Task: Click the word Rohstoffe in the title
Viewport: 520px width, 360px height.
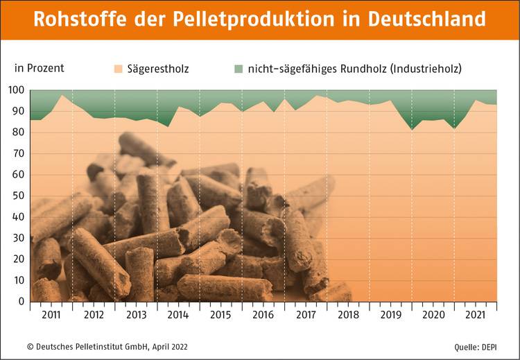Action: pos(78,19)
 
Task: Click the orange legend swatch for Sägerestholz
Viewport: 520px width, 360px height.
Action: pos(119,69)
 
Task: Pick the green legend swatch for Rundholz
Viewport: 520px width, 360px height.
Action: pos(239,69)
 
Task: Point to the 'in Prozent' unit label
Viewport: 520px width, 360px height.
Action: pos(40,68)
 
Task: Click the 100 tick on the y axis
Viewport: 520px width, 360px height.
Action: pos(16,91)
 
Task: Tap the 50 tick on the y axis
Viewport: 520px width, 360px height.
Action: pos(19,196)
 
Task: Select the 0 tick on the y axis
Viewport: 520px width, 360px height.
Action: pos(21,302)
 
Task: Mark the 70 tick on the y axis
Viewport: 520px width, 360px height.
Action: pos(19,154)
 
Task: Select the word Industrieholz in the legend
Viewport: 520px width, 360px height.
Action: pos(426,69)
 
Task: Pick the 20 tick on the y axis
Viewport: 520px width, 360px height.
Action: pos(19,259)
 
